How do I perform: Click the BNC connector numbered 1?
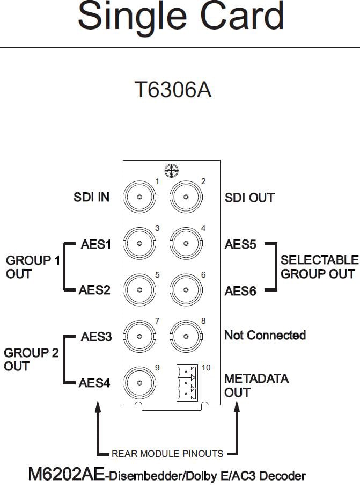click(x=139, y=198)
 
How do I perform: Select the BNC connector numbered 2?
click(x=186, y=198)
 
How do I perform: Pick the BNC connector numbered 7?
click(x=139, y=337)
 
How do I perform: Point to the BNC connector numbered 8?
click(x=186, y=337)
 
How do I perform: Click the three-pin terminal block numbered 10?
click(x=185, y=383)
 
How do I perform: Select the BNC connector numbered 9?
click(x=139, y=383)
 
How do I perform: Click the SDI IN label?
click(x=91, y=198)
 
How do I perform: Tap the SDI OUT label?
click(x=249, y=198)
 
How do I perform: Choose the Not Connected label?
click(x=265, y=336)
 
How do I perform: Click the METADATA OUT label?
click(x=256, y=386)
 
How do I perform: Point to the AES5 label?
click(x=240, y=245)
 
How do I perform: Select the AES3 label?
click(x=96, y=337)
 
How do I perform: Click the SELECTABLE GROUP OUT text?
click(x=319, y=267)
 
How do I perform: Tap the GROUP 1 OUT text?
click(x=33, y=267)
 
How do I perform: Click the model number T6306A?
click(x=172, y=90)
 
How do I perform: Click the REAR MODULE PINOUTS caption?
click(x=167, y=454)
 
